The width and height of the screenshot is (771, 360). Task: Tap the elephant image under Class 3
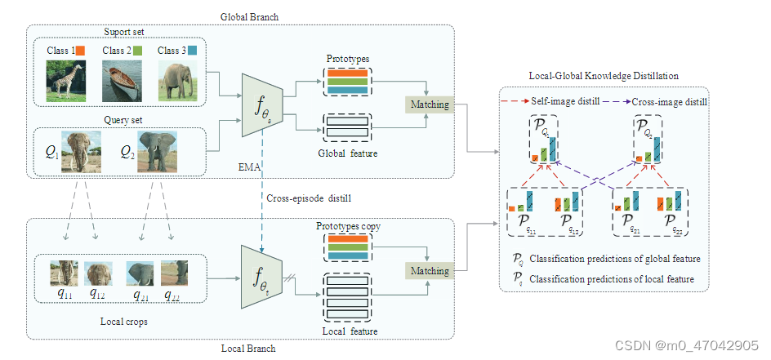179,80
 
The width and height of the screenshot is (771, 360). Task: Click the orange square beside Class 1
81,51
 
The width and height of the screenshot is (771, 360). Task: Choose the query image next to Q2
157,151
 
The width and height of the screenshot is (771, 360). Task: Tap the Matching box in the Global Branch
429,104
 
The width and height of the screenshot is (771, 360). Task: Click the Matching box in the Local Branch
429,270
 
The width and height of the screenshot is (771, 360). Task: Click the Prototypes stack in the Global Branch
347,81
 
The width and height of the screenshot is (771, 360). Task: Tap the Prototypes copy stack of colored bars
347,247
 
